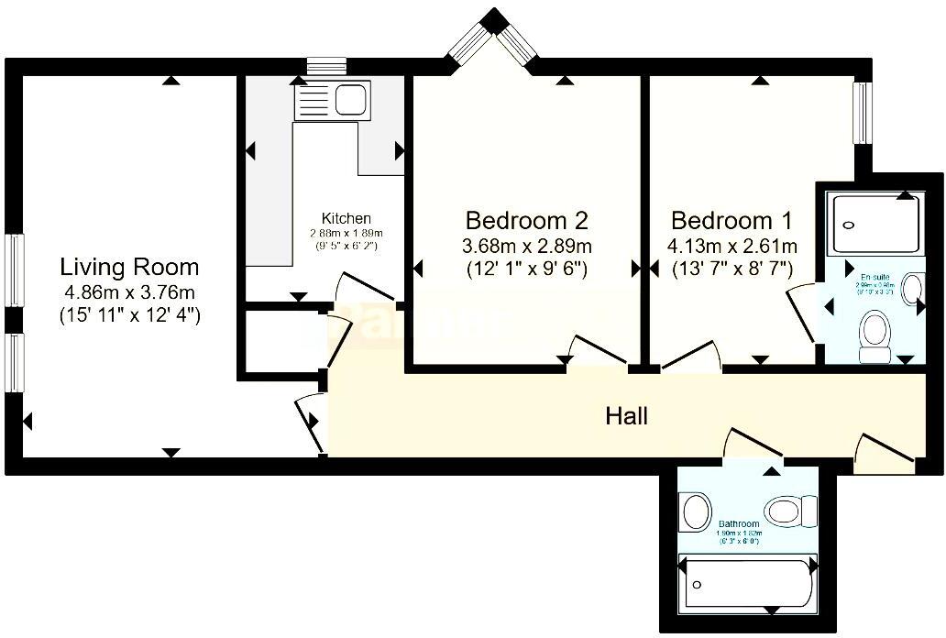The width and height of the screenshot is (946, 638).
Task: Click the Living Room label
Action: click(x=129, y=268)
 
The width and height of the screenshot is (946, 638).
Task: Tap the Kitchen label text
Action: click(x=346, y=218)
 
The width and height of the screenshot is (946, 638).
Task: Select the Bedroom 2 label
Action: click(x=526, y=221)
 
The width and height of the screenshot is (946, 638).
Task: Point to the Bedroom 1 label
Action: click(x=731, y=221)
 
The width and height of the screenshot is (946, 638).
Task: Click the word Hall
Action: click(x=627, y=416)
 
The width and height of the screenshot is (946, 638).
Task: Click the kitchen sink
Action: click(x=331, y=100)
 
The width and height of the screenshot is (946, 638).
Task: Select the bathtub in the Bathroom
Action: click(x=748, y=584)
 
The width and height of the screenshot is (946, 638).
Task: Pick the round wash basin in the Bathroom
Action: click(x=696, y=510)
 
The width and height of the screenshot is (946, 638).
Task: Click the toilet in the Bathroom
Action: click(x=791, y=511)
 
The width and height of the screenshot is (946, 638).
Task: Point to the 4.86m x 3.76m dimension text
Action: click(x=129, y=293)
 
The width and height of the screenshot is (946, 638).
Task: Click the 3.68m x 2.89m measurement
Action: click(x=526, y=246)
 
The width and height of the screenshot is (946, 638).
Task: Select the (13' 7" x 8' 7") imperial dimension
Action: click(x=731, y=269)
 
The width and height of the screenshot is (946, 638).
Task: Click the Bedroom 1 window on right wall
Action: click(x=862, y=114)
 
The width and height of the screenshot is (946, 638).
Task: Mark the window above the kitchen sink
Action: click(x=325, y=66)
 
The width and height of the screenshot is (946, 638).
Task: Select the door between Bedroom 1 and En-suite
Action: click(x=801, y=315)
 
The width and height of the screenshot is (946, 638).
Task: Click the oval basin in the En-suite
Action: click(x=912, y=288)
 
